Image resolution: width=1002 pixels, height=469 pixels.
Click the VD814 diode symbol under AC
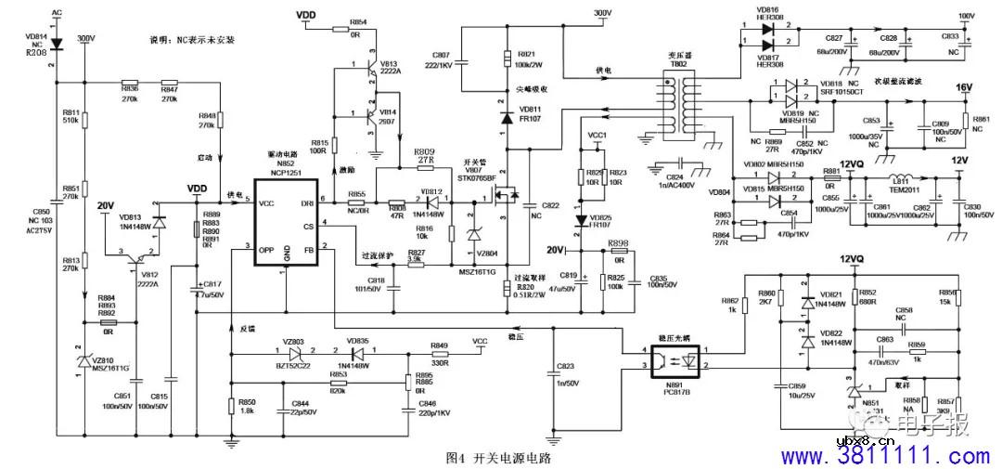[x=55, y=44]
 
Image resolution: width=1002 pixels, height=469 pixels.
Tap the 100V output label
[x=966, y=16]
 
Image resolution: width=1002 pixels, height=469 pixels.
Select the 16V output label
[x=964, y=86]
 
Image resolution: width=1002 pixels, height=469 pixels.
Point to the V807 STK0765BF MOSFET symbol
[x=507, y=196]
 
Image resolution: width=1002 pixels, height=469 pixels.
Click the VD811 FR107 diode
[x=507, y=118]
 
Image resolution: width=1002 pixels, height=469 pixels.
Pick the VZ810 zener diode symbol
[x=84, y=358]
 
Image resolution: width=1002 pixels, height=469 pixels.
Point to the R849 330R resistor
[x=440, y=355]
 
